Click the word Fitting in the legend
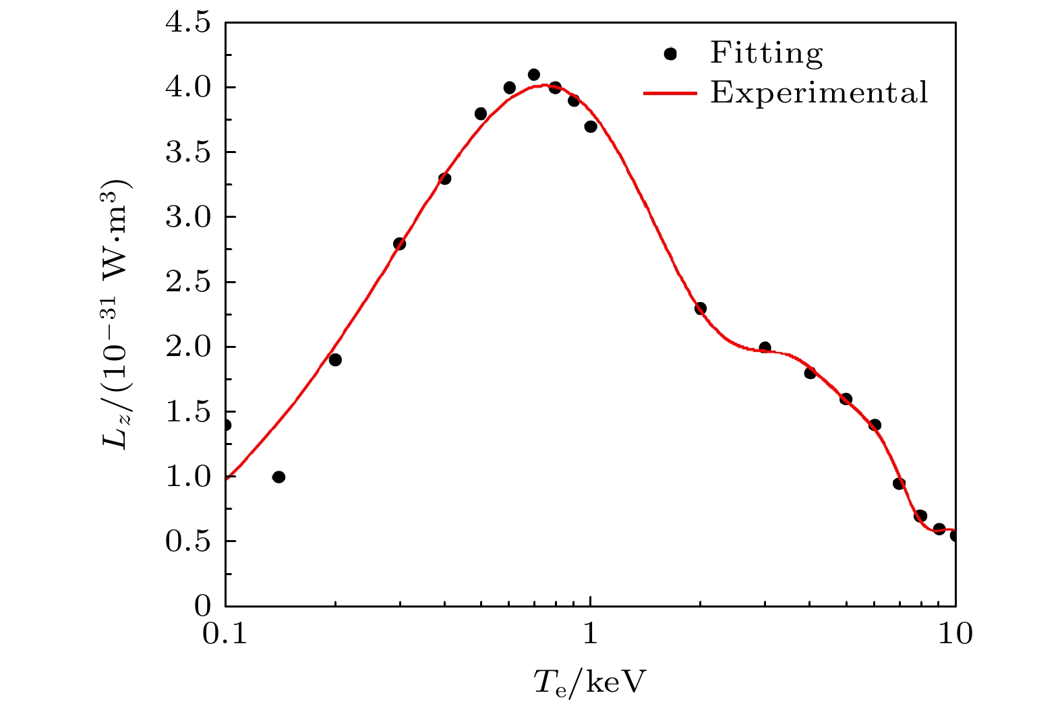click(766, 53)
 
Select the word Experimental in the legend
click(819, 92)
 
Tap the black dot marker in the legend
click(670, 54)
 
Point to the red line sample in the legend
click(670, 93)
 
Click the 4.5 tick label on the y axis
click(187, 23)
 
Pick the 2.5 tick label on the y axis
click(187, 282)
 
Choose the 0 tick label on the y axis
click(202, 606)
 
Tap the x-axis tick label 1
click(591, 634)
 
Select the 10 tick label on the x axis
click(955, 634)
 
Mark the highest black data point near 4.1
click(533, 75)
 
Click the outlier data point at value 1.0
click(278, 477)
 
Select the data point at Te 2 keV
click(701, 308)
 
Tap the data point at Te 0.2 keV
click(335, 360)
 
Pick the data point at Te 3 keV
click(765, 347)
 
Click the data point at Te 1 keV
click(591, 127)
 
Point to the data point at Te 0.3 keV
click(399, 243)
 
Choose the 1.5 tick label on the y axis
click(187, 412)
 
